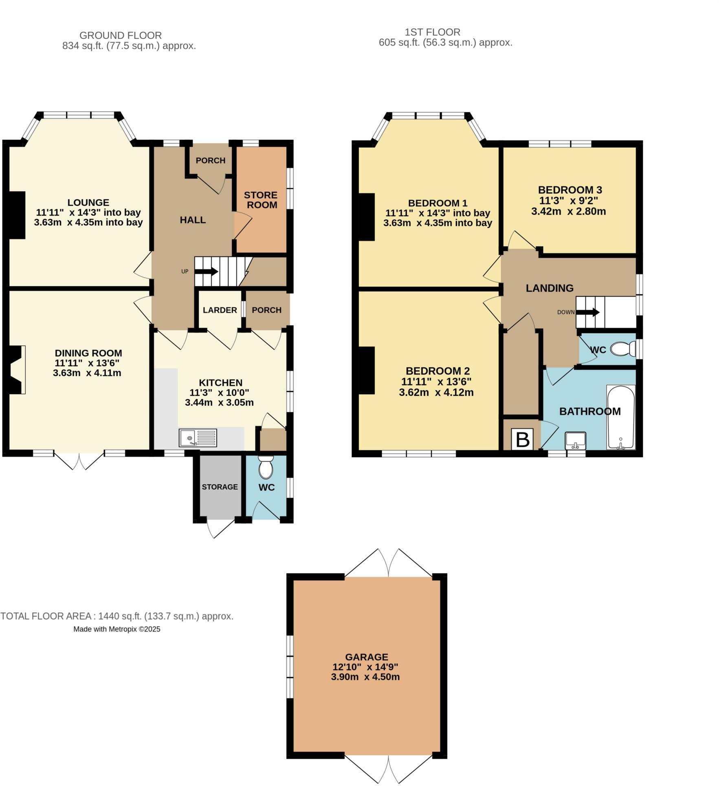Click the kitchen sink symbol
[x=198, y=437]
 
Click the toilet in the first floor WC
[x=622, y=349]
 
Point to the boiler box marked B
[x=522, y=439]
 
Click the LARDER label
[x=220, y=310]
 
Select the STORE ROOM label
[x=261, y=200]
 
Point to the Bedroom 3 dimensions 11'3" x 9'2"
[x=569, y=201]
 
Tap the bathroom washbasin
[x=575, y=440]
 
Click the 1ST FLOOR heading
[x=432, y=32]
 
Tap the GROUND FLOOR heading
[x=120, y=35]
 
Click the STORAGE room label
[x=220, y=487]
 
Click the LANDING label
[x=549, y=288]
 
